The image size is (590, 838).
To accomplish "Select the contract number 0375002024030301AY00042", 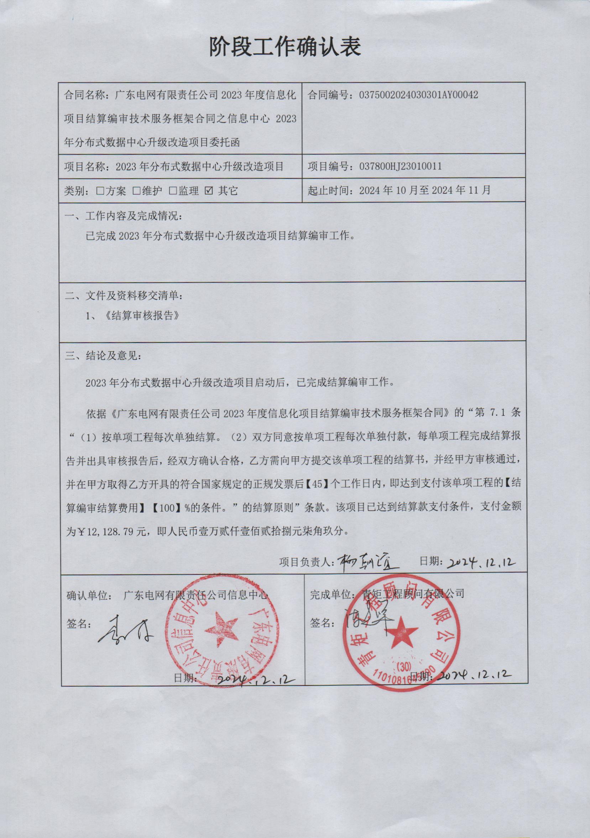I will [x=418, y=95].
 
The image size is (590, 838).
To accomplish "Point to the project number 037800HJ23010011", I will [x=401, y=167].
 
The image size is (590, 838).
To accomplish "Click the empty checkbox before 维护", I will [x=136, y=191].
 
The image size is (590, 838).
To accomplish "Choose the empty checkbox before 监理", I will [x=173, y=191].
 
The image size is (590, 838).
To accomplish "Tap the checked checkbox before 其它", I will [x=209, y=191].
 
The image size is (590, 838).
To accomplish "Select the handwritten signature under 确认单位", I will [x=124, y=633].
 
